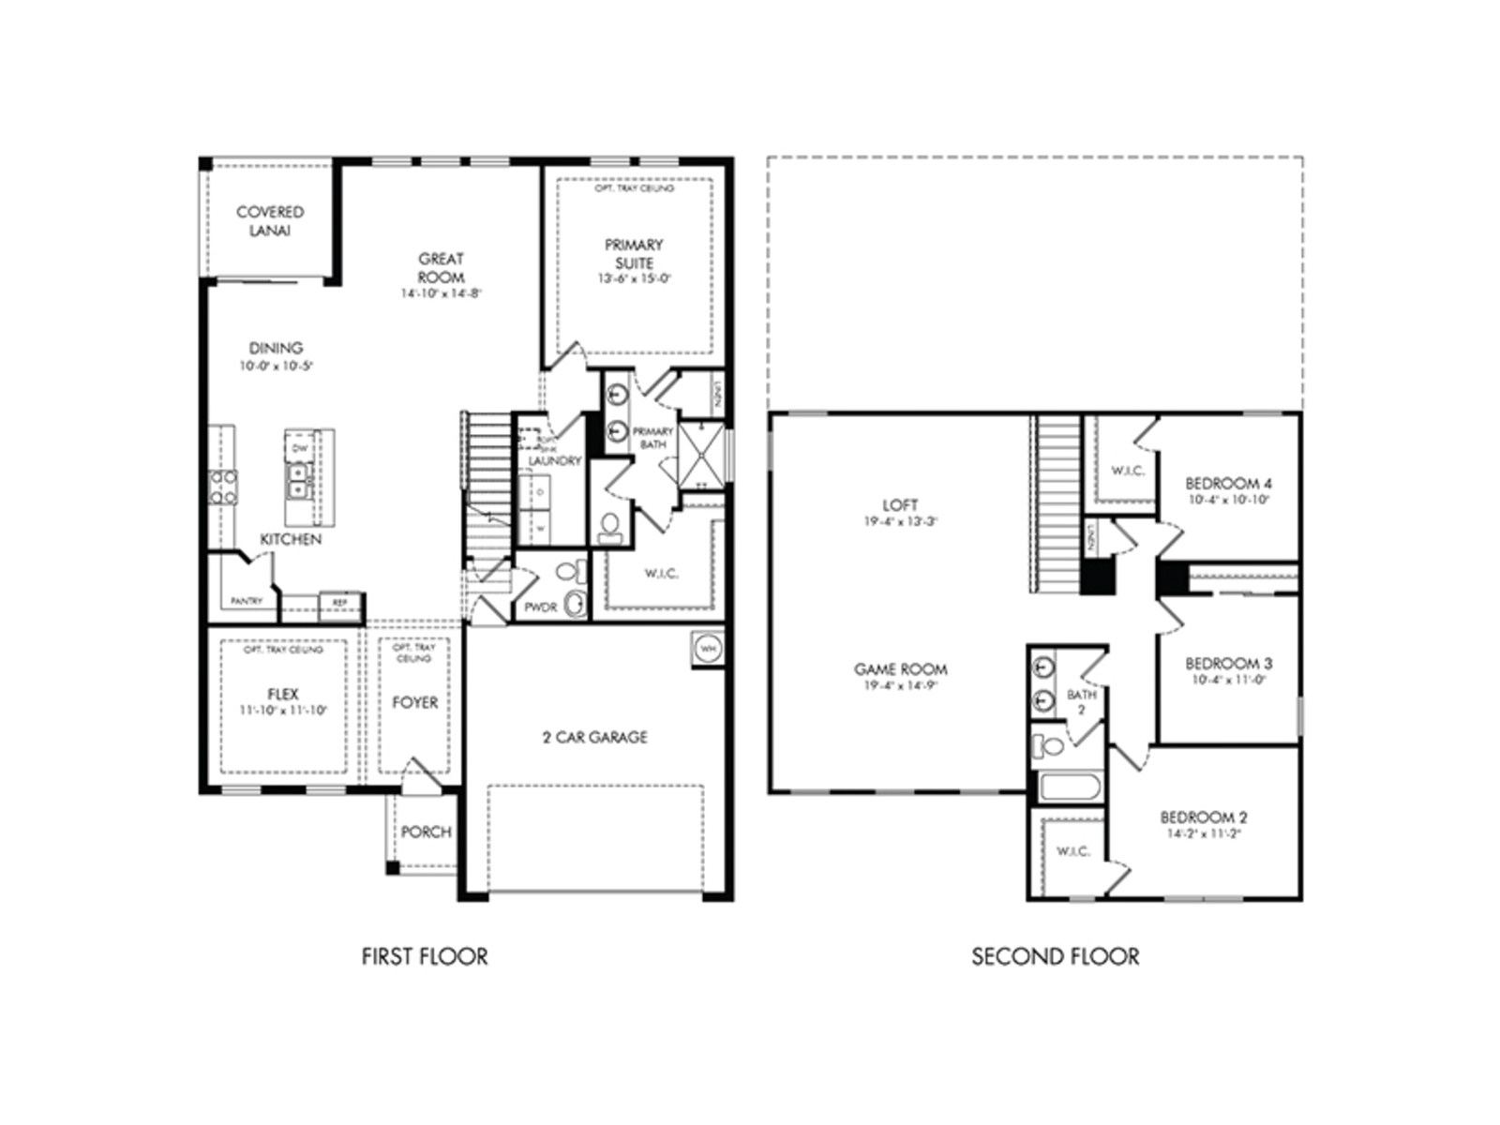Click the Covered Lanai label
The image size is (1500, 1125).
point(270,221)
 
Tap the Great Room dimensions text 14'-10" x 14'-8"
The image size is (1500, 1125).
point(441,293)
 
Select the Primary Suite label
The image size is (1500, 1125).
point(634,253)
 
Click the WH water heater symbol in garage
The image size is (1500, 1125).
point(708,648)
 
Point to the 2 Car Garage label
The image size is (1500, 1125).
point(594,738)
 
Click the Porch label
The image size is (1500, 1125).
point(426,832)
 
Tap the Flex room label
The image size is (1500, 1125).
point(282,695)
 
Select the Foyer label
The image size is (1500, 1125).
point(414,702)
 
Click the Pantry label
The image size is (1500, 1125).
point(247,601)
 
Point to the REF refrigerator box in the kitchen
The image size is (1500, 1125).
point(340,603)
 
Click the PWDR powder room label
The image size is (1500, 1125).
point(540,607)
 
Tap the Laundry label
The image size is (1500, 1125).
point(554,461)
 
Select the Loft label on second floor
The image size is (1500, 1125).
point(900,505)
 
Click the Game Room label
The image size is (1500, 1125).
point(900,669)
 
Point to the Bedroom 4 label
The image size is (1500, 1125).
point(1228,484)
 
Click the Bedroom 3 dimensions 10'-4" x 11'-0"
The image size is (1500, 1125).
point(1228,680)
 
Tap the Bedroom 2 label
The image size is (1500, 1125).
point(1204,817)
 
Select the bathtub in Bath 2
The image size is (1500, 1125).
point(1070,787)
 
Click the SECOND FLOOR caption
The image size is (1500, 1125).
point(1055,957)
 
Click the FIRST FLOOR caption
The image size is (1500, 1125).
point(425,957)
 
